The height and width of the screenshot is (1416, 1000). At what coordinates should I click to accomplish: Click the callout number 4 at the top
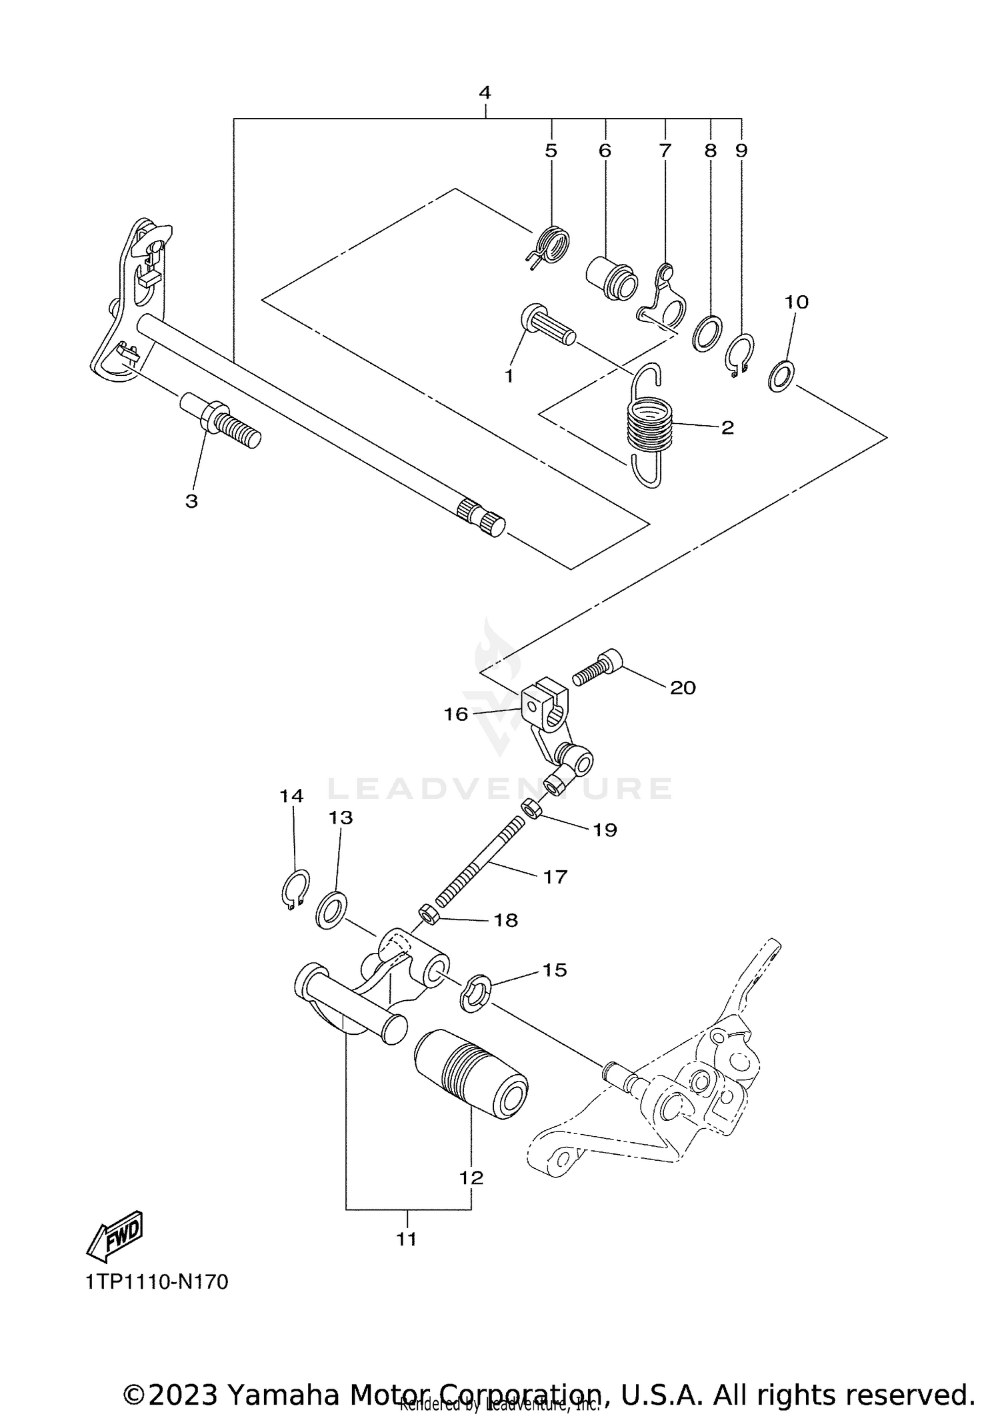pyautogui.click(x=485, y=92)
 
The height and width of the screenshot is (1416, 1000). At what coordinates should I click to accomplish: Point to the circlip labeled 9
pyautogui.click(x=739, y=354)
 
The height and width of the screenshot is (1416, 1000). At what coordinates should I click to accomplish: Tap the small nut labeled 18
pyautogui.click(x=427, y=914)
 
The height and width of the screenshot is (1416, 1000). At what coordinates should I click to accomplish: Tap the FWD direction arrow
pyautogui.click(x=115, y=1237)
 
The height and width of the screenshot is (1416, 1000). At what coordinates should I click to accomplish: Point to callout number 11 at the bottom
pyautogui.click(x=406, y=1239)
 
